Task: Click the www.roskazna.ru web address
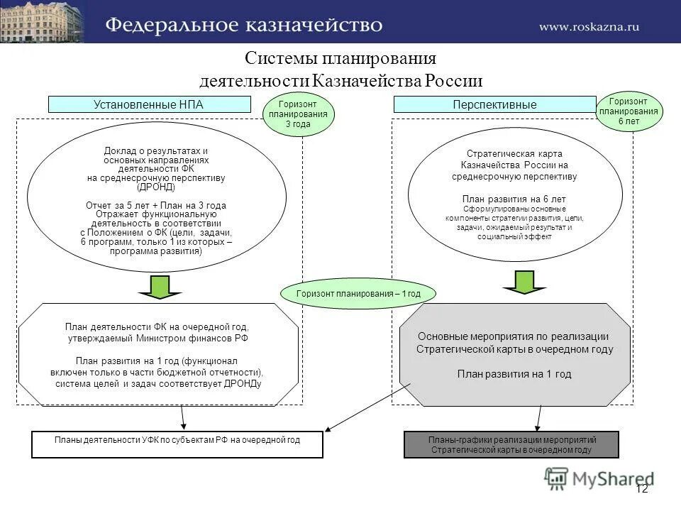point(589,27)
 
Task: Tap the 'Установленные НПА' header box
point(149,104)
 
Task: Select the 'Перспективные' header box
point(494,104)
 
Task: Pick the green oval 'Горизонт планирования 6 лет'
point(628,111)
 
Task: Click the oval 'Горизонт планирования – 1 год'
point(358,292)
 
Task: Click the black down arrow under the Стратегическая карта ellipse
point(524,282)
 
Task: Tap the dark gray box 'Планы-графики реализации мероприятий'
point(511,445)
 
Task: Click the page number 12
point(641,488)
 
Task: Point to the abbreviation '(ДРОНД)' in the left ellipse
point(156,187)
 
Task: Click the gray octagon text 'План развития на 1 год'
point(514,374)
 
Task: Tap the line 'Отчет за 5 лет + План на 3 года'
point(156,205)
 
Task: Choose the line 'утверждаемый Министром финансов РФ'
point(157,339)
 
